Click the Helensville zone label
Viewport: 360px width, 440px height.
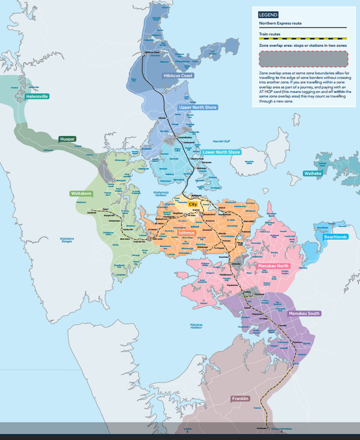[x=37, y=96]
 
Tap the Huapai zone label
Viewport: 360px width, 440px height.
[x=67, y=139]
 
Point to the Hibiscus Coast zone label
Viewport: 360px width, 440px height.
[x=178, y=76]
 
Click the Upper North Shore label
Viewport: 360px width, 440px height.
[x=198, y=107]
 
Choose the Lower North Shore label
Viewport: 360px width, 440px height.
[x=221, y=152]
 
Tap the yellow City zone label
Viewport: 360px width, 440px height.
[x=193, y=204]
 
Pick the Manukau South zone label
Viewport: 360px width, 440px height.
[x=304, y=314]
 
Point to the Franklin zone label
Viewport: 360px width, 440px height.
[x=240, y=399]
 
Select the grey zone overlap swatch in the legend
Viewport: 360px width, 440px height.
[x=303, y=58]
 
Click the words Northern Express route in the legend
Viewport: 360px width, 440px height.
[x=280, y=23]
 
